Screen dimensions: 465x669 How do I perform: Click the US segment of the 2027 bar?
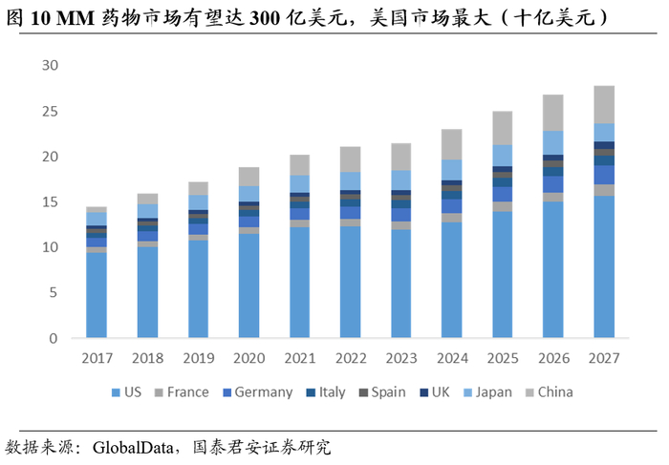pos(603,266)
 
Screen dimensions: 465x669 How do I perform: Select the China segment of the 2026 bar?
pos(552,113)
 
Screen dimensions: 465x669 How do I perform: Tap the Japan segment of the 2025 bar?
pos(502,155)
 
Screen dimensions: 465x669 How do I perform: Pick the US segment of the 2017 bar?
pos(97,295)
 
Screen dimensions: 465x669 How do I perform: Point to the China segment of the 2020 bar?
pos(248,176)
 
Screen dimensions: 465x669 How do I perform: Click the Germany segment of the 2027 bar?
pos(603,175)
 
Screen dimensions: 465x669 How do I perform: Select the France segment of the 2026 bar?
pos(552,197)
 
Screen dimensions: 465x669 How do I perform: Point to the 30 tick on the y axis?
pos(50,66)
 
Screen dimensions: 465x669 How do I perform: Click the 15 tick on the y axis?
pos(50,201)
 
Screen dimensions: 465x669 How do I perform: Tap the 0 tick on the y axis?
pos(54,338)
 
